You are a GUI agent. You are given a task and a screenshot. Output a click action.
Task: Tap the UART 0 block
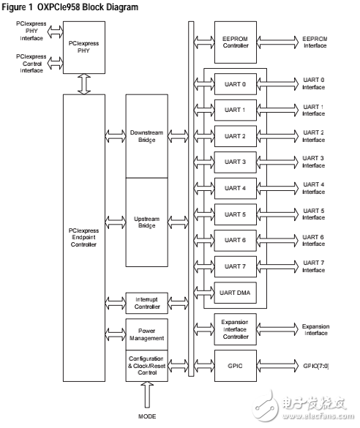pos(236,83)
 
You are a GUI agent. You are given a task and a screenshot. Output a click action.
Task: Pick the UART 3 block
pos(236,162)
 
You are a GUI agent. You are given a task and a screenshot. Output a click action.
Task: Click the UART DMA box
pos(236,293)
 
